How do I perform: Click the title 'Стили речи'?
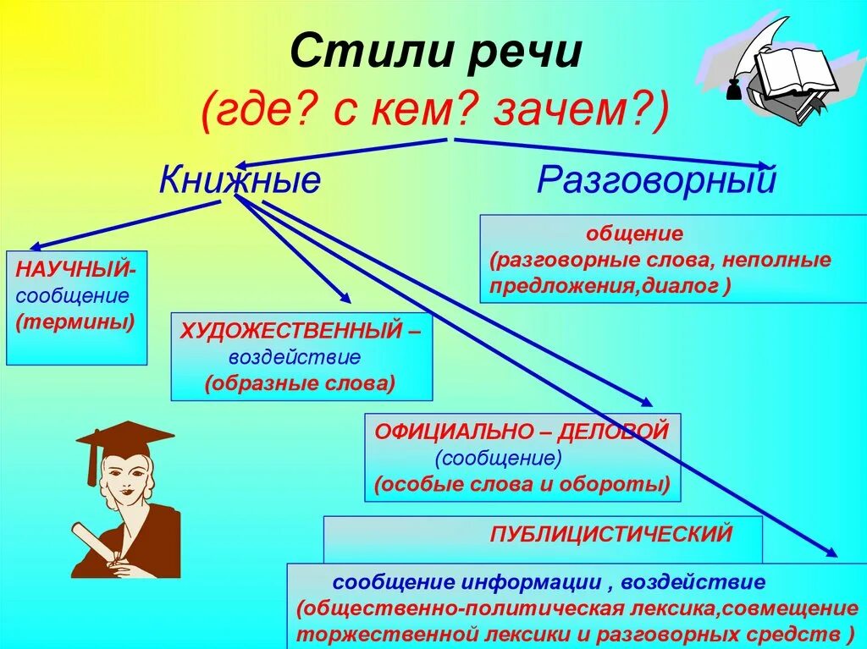coord(436,53)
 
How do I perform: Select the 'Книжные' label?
coord(240,180)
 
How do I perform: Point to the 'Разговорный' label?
coord(656,180)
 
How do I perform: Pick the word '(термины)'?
coord(75,322)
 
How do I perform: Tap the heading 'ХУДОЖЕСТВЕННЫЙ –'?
coord(300,330)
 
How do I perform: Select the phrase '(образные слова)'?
coord(300,382)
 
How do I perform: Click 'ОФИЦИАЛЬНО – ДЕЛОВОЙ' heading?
coord(522,432)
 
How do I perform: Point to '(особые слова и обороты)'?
coord(522,485)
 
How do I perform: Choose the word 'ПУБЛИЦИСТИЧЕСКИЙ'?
coord(610,535)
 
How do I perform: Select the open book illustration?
coord(794,73)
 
